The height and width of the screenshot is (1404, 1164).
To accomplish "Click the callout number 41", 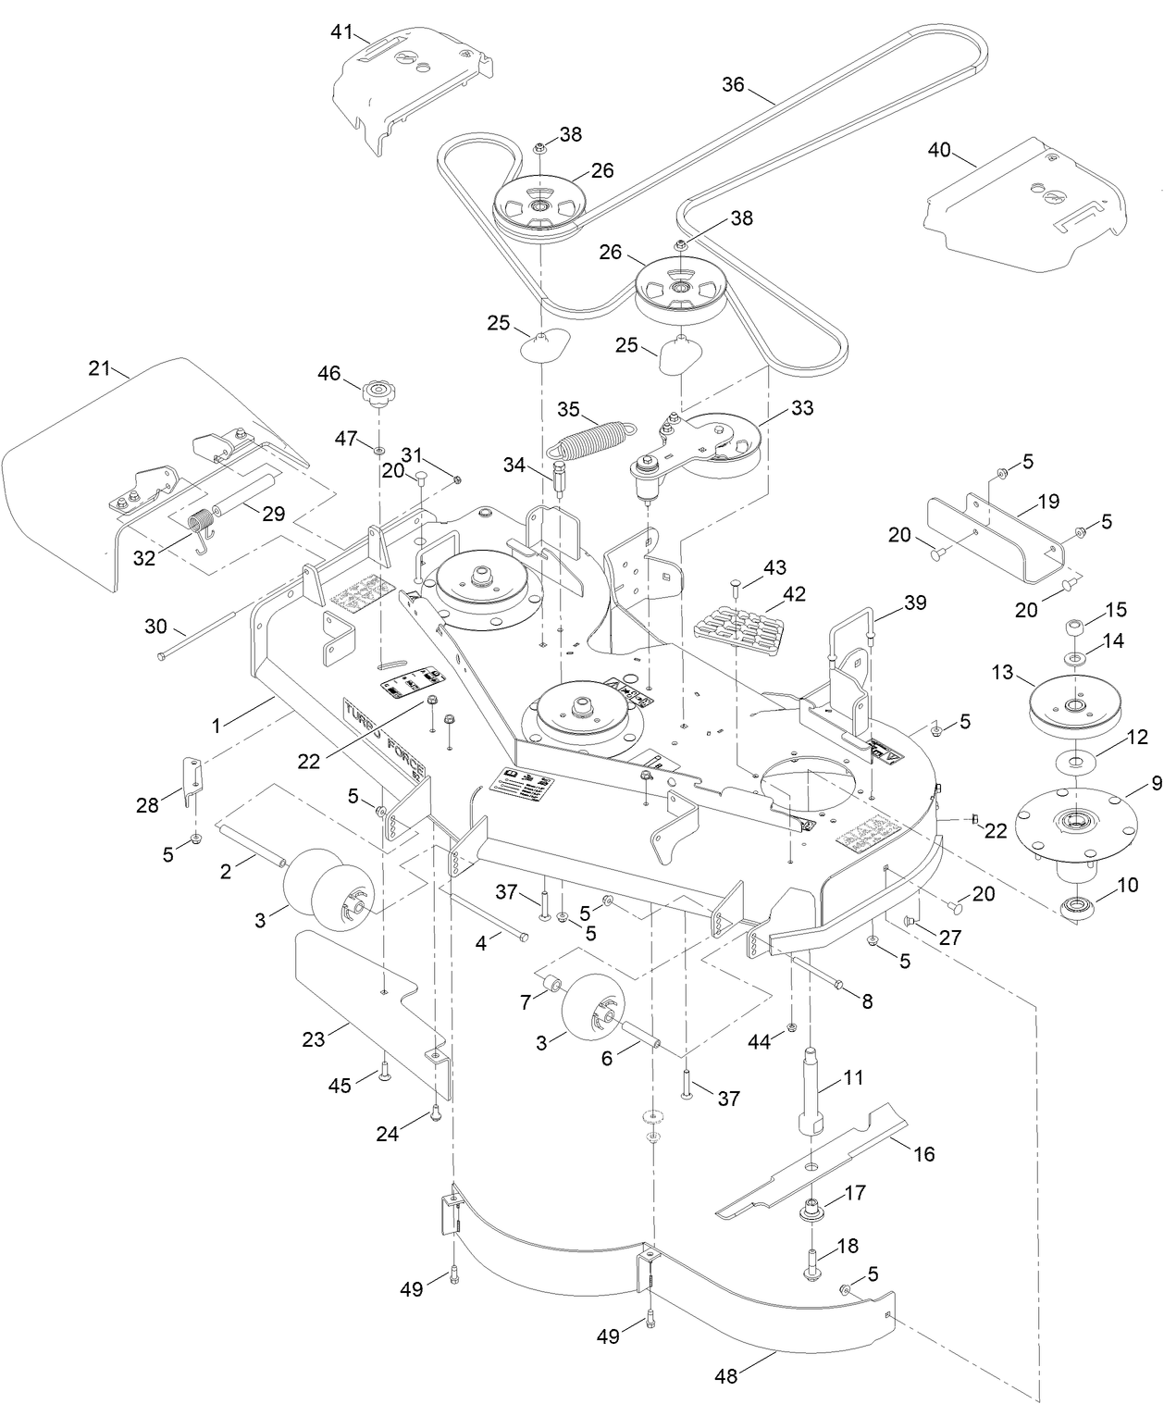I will [x=342, y=32].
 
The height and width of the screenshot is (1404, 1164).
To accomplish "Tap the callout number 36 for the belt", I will [x=733, y=84].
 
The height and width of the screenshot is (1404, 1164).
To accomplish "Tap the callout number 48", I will [x=726, y=1376].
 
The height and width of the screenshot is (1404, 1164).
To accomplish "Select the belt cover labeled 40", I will [x=1027, y=213].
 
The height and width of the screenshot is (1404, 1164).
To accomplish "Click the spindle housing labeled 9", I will [x=1073, y=819].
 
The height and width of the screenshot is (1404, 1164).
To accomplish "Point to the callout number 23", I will [x=315, y=1038].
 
